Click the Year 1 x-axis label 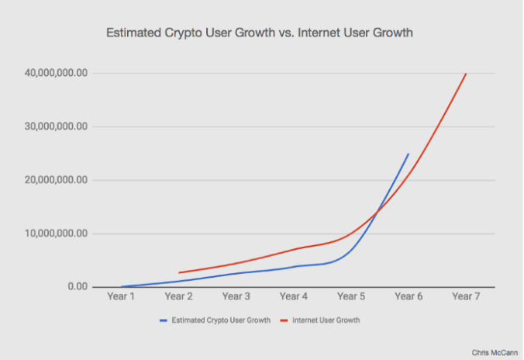[x=120, y=297]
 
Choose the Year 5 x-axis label [x=350, y=297]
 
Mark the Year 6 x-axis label [x=408, y=297]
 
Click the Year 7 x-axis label [x=465, y=297]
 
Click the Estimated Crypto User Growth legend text [x=221, y=320]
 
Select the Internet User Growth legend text [x=326, y=320]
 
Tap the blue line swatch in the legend [x=164, y=320]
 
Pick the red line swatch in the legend [x=284, y=320]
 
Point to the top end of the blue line [x=408, y=154]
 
